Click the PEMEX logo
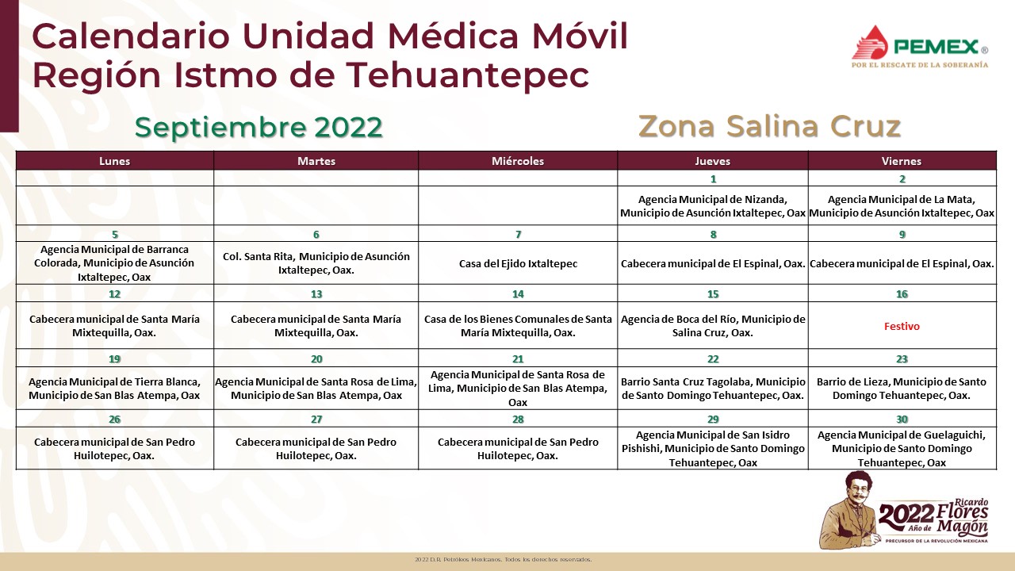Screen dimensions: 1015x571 tap(920, 47)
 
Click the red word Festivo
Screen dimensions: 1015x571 tap(902, 326)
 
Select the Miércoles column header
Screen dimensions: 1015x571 tap(518, 161)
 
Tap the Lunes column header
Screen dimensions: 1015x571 tap(115, 161)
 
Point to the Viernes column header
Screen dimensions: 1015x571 tap(902, 161)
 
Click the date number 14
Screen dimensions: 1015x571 tap(518, 294)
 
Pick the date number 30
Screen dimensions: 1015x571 tap(902, 420)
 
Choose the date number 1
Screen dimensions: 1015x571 tap(713, 179)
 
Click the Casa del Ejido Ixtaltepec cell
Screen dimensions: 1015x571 tap(518, 263)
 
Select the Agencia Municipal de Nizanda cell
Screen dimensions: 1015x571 tap(713, 205)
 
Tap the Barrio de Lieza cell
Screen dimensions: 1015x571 tap(902, 389)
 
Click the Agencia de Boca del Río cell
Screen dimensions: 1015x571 tap(713, 326)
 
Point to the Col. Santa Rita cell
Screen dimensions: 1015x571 tap(316, 263)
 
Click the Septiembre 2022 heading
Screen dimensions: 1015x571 tap(259, 128)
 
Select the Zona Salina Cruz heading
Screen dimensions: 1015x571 tap(769, 126)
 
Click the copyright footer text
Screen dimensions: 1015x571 tap(503, 560)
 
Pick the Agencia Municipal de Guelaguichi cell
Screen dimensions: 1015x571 tap(902, 448)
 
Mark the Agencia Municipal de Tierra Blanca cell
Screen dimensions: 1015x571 tap(115, 389)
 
